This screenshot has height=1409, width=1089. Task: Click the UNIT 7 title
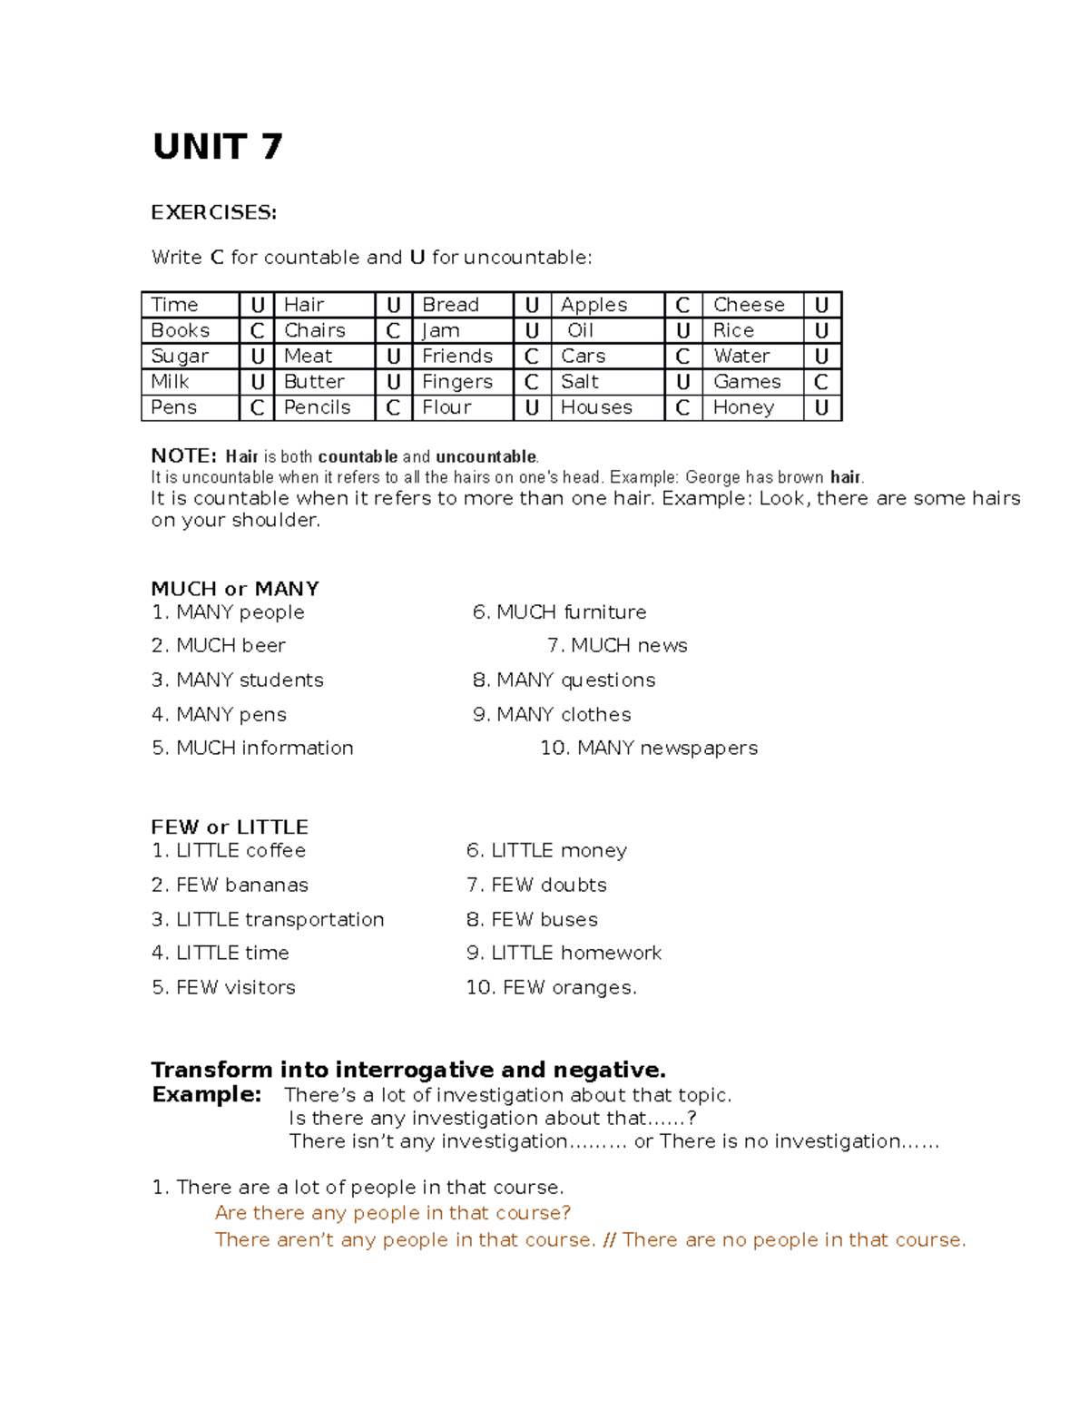click(218, 147)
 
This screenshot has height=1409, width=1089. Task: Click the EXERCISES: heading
click(213, 212)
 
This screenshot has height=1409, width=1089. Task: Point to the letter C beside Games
click(821, 382)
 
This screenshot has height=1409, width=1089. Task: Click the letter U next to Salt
click(683, 382)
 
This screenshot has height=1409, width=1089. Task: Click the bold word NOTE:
click(183, 456)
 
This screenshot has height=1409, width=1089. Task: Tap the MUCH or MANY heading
click(235, 589)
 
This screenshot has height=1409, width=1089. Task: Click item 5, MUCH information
click(253, 749)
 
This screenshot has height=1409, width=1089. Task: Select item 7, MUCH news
click(617, 646)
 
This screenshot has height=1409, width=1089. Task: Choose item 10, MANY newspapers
click(649, 749)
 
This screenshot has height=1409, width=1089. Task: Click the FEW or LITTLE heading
click(230, 827)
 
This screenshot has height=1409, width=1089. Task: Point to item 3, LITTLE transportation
click(268, 920)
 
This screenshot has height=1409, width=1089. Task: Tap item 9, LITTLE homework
click(564, 954)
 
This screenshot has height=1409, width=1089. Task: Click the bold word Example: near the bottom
click(207, 1095)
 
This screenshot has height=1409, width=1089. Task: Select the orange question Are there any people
click(393, 1214)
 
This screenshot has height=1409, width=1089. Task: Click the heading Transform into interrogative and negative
click(408, 1071)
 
